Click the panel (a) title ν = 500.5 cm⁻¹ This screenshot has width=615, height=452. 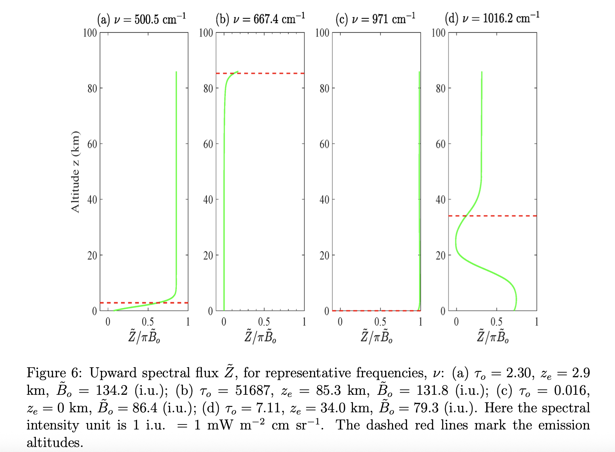tap(141, 19)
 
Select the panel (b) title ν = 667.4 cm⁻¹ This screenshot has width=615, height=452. tap(260, 19)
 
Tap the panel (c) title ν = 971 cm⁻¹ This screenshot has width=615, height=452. tap(376, 19)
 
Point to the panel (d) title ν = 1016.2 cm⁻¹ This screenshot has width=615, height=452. tap(492, 18)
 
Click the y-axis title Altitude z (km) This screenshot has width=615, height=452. tap(75, 172)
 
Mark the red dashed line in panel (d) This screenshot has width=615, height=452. tap(508, 216)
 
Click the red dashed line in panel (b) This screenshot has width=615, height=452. tap(272, 73)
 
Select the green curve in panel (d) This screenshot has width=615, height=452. tap(481, 143)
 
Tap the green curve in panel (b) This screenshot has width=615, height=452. tap(224, 179)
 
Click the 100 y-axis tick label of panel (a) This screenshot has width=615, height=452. tap(90, 33)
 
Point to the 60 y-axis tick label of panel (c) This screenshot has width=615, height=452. tap(324, 144)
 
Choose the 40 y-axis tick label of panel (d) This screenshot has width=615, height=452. tap(441, 200)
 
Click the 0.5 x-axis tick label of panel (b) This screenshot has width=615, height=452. tap(264, 322)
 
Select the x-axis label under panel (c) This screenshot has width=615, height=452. tap(376, 336)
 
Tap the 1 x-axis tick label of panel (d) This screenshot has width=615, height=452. tap(536, 322)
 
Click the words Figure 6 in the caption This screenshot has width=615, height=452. tap(54, 373)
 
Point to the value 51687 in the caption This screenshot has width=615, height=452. tap(255, 390)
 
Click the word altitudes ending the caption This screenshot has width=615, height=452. tap(54, 443)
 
